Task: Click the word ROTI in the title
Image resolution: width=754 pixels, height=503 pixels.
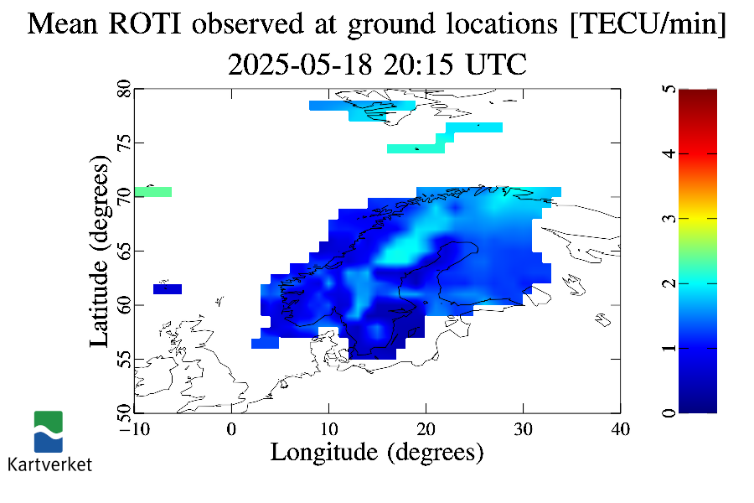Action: point(145,23)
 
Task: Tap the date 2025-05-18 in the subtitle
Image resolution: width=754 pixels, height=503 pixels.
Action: point(300,65)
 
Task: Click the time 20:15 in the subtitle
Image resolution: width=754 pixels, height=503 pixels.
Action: point(418,65)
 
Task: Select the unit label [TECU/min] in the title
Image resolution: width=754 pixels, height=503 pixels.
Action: point(648,24)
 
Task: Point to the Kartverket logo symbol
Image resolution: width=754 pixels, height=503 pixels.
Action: point(48,431)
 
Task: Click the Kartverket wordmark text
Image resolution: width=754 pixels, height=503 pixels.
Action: point(49,464)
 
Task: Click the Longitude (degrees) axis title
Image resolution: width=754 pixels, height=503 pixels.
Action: point(377,453)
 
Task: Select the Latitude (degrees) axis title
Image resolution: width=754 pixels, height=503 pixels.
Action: point(100,251)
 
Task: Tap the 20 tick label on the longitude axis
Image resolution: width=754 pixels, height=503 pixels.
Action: point(426,429)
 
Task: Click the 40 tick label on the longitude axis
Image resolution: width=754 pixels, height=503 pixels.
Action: point(620,429)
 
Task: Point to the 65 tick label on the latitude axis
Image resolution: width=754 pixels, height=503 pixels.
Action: point(124,251)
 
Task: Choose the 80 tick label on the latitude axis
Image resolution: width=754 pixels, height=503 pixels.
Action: point(124,89)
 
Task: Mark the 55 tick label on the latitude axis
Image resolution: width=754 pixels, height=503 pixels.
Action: point(124,359)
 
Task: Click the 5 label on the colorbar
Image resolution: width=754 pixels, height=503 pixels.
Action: point(669,89)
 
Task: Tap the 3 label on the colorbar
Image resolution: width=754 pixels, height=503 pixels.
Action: point(669,219)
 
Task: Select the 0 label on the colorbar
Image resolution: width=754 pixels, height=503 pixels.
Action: point(669,413)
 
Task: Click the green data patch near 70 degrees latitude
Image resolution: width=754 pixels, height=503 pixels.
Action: point(153,192)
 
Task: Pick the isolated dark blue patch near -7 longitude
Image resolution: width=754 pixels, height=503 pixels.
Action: point(168,288)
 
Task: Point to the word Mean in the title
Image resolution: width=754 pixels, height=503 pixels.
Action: point(63,23)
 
